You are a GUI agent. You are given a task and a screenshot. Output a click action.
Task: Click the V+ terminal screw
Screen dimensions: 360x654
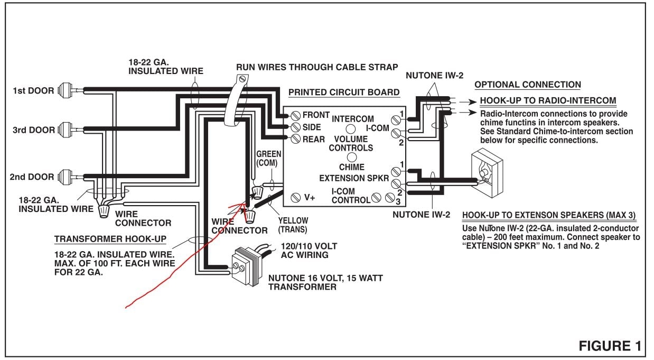(296, 198)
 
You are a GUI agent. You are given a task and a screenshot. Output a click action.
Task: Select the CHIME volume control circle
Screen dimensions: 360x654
(351, 158)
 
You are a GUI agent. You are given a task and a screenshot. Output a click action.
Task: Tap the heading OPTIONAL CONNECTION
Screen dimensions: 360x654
(527, 85)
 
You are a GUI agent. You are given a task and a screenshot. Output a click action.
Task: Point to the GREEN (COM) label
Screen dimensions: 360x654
(268, 159)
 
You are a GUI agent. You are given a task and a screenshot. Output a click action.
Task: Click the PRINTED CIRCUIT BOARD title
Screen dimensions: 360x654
(344, 93)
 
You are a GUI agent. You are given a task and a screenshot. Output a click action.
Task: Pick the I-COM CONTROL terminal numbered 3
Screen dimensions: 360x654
(390, 198)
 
